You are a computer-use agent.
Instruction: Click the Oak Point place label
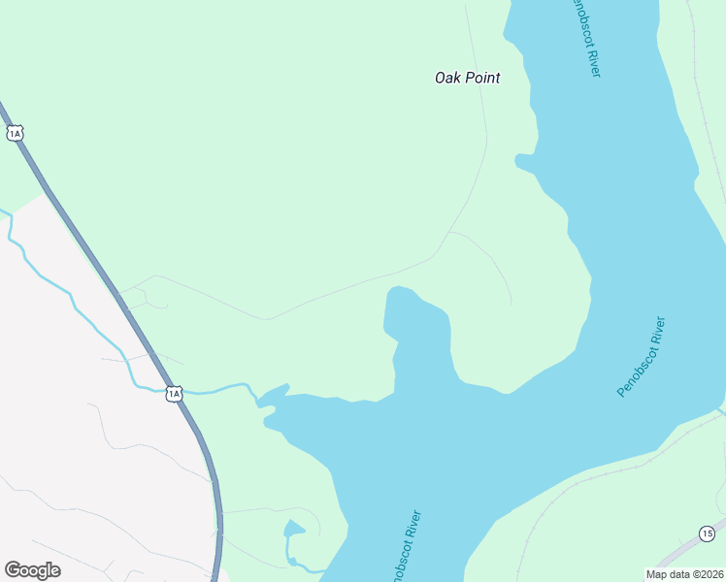467,78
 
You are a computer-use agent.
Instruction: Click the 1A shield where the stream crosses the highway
174,393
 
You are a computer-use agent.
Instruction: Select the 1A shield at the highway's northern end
14,133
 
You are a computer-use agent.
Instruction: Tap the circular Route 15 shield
707,533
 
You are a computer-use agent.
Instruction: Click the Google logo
32,570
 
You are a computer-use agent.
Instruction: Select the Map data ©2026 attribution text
684,574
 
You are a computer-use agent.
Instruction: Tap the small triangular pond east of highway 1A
293,529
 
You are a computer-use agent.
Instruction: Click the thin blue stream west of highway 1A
58,281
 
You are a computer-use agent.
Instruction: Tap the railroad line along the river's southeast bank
602,475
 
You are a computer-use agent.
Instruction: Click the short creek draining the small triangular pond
301,566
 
